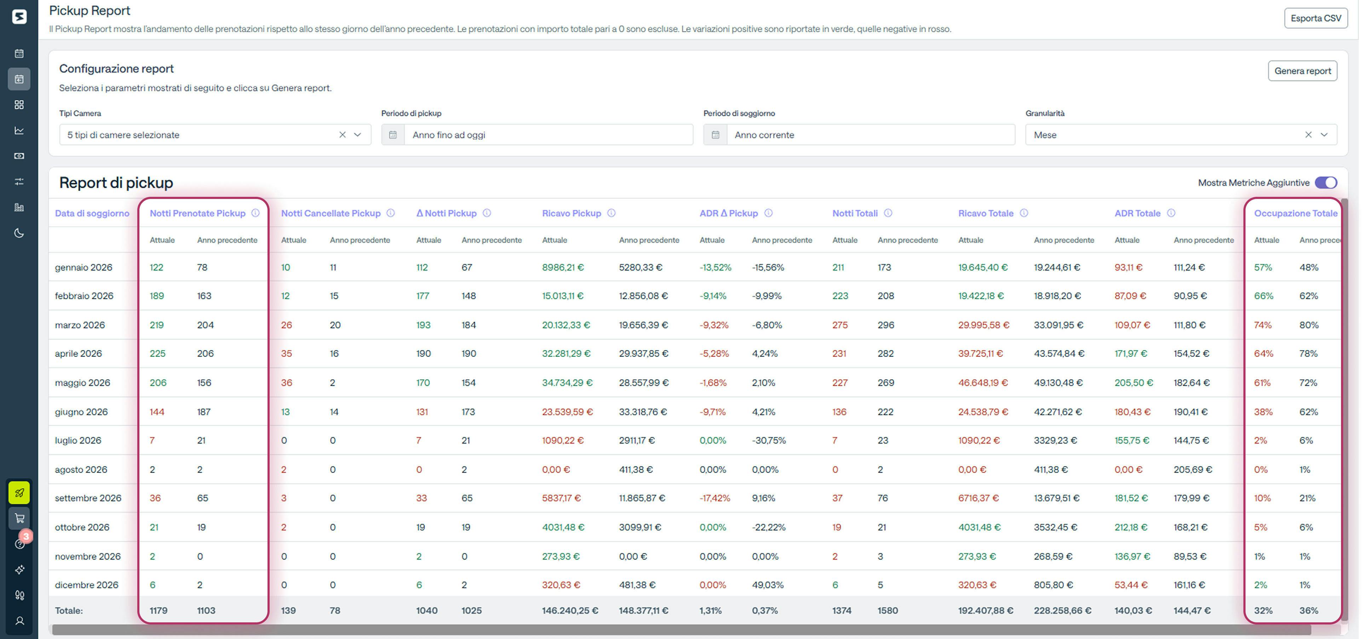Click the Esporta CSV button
pyautogui.click(x=1315, y=18)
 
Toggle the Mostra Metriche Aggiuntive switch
pyautogui.click(x=1325, y=183)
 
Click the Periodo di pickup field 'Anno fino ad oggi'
pyautogui.click(x=548, y=135)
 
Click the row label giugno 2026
pyautogui.click(x=81, y=412)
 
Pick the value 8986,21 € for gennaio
pyautogui.click(x=563, y=267)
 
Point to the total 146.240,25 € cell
pyautogui.click(x=570, y=610)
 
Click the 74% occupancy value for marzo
pyautogui.click(x=1263, y=325)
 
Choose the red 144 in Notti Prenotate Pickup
pyautogui.click(x=157, y=412)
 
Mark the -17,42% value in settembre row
pyautogui.click(x=714, y=498)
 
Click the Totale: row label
pyautogui.click(x=69, y=610)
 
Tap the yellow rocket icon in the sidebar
pyautogui.click(x=19, y=493)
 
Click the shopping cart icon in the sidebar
pyautogui.click(x=19, y=518)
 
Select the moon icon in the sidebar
pyautogui.click(x=19, y=233)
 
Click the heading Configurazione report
pyautogui.click(x=116, y=69)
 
